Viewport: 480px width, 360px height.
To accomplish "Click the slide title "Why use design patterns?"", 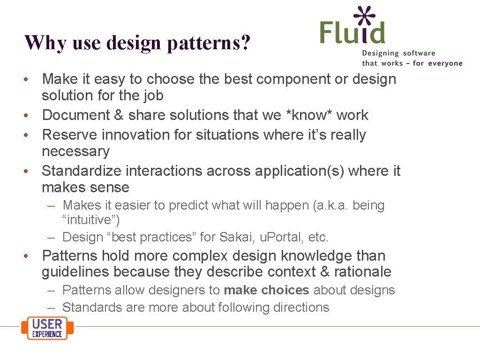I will coord(137,43).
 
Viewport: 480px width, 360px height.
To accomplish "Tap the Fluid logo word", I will coord(352,33).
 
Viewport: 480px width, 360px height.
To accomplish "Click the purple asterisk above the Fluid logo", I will coord(365,16).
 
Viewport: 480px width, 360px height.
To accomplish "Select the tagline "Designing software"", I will coord(398,53).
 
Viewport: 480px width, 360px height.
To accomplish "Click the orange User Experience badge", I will coord(47,328).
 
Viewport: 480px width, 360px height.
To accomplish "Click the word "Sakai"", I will coord(237,237).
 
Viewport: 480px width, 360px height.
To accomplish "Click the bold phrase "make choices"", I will coord(266,290).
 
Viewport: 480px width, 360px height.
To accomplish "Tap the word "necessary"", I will coord(75,151).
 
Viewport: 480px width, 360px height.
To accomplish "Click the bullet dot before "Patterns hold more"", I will coord(29,256).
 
